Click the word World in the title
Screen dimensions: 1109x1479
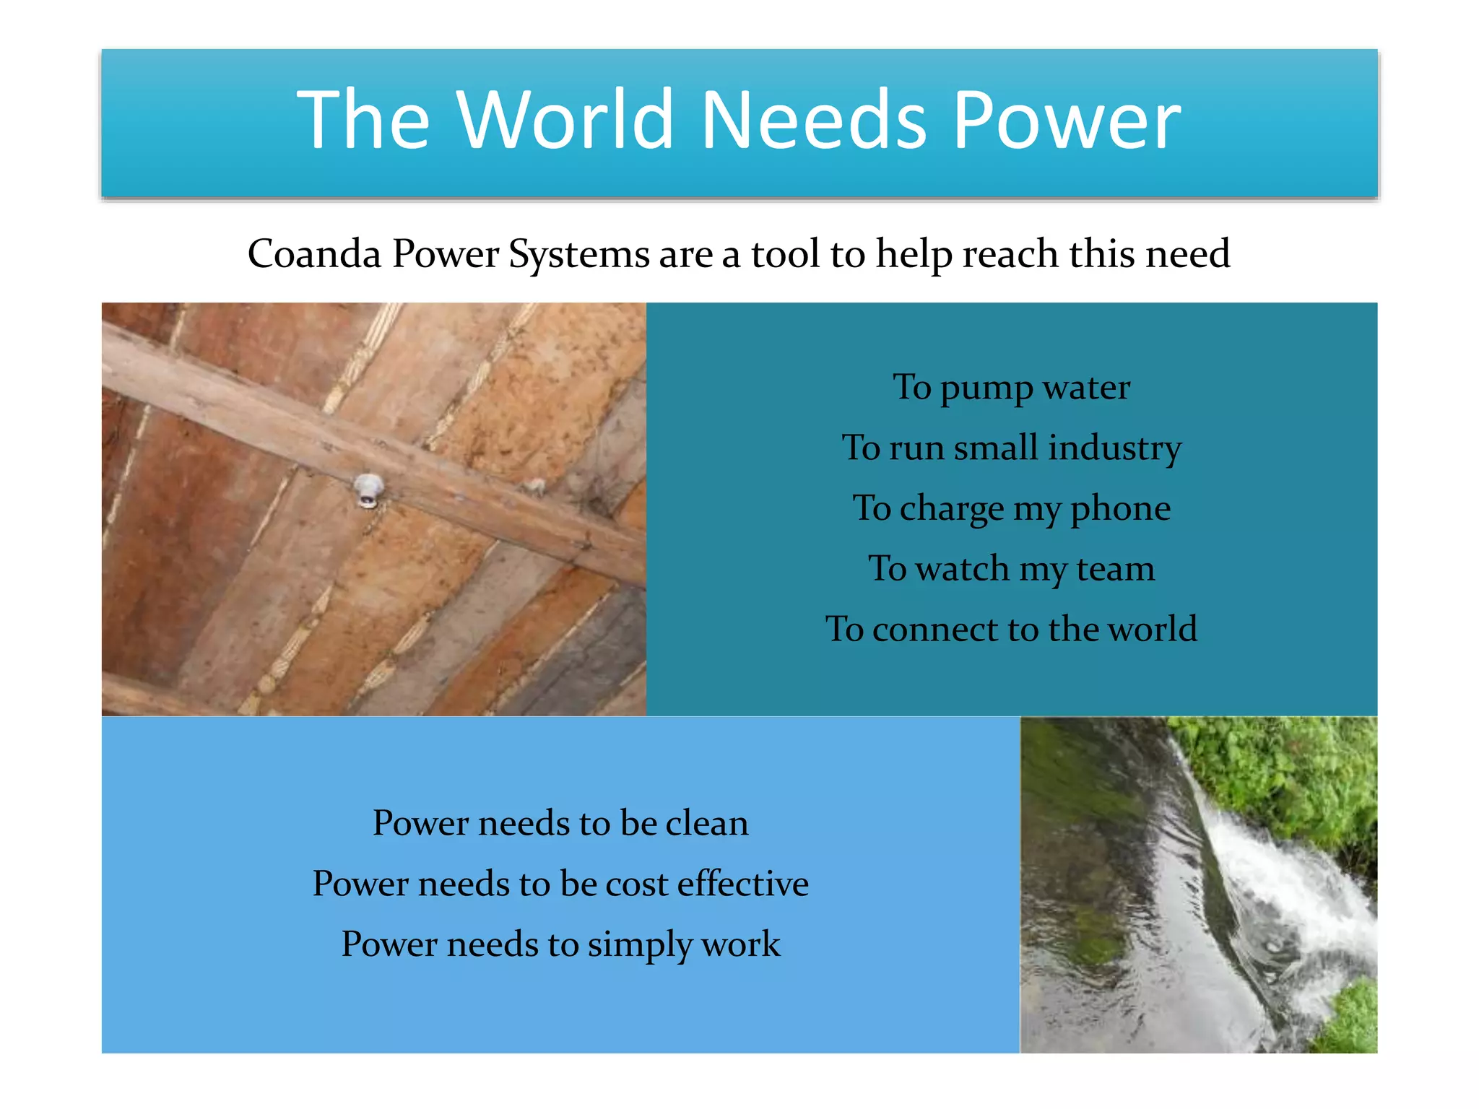pos(566,120)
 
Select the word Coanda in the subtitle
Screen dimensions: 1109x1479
pos(314,254)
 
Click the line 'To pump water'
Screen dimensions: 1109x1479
pos(1011,388)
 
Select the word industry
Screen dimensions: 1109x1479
pos(1114,448)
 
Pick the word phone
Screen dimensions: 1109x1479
pos(1120,509)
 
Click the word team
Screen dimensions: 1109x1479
pos(1115,569)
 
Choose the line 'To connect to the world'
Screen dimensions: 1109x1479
pos(1011,629)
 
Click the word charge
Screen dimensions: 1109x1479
pos(952,509)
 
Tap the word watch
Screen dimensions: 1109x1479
pos(962,569)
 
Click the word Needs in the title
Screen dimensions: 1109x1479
pos(814,120)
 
